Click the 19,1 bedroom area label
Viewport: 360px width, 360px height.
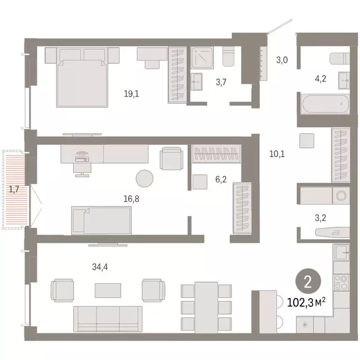pos(131,93)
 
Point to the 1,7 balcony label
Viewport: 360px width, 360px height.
pos(14,189)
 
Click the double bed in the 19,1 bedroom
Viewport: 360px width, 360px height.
pos(82,77)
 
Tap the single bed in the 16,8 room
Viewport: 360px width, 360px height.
pos(101,220)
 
